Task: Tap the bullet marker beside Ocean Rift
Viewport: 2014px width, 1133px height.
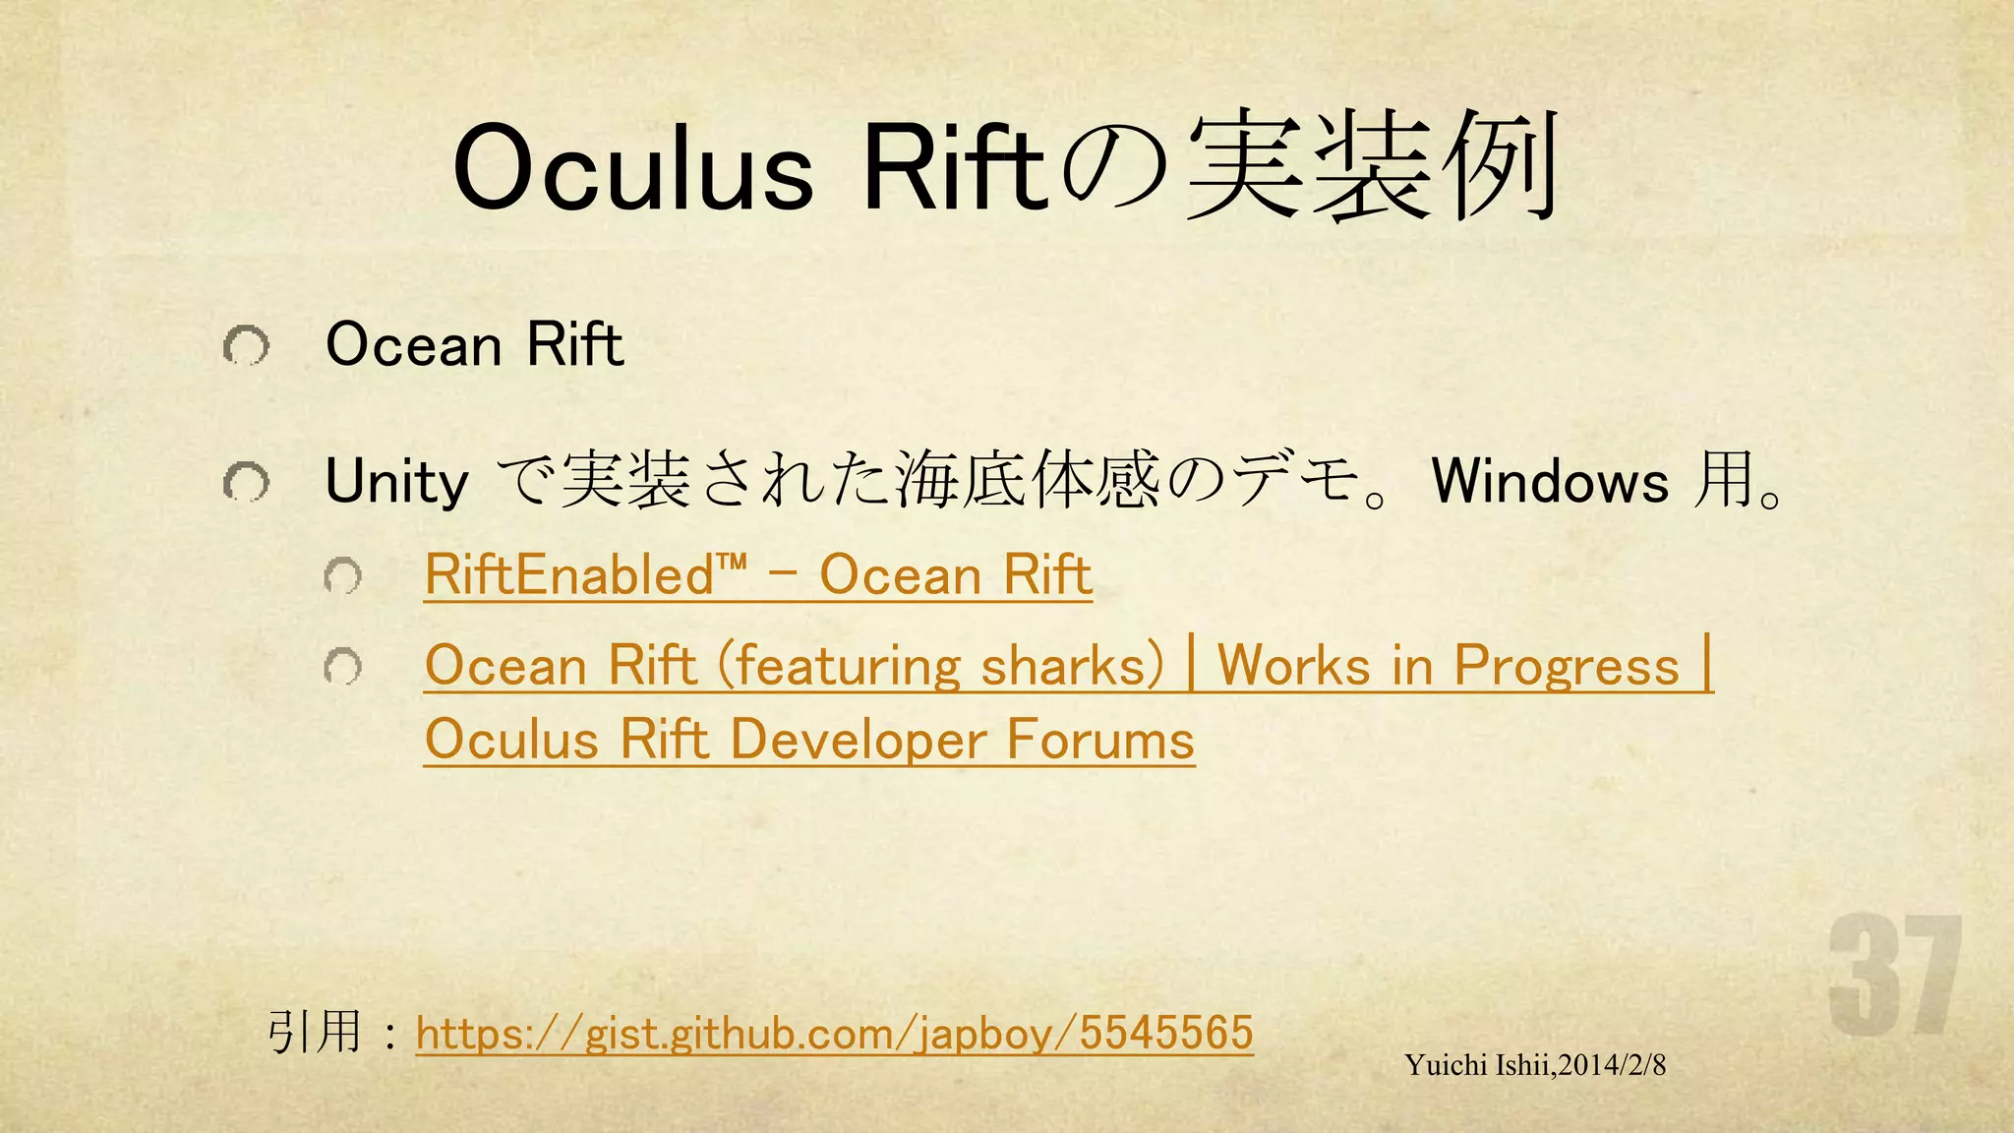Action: [x=245, y=346]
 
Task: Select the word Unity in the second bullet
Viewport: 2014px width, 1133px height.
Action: [x=396, y=483]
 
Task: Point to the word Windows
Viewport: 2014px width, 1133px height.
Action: [x=1550, y=482]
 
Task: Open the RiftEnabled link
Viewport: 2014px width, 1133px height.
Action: [x=757, y=574]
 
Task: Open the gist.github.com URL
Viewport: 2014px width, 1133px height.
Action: [x=834, y=1033]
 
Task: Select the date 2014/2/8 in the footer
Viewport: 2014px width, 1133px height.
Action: [x=1612, y=1065]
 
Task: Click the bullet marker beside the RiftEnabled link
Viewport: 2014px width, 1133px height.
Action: [x=343, y=576]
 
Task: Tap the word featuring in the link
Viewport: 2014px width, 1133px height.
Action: [x=846, y=666]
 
